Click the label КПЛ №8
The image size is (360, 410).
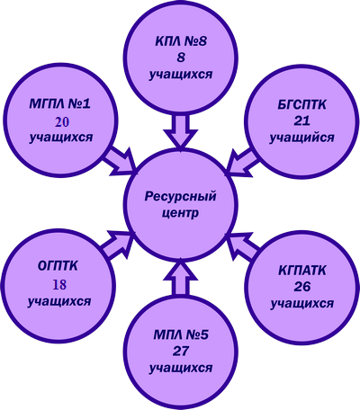tap(181, 41)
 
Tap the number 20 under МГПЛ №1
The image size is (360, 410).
tap(62, 122)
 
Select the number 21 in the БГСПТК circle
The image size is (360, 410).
tap(301, 120)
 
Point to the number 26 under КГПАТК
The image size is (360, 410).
tap(302, 287)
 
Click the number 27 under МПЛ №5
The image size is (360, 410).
tap(181, 351)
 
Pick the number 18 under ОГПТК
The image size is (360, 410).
tap(59, 285)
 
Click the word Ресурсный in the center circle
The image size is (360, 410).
tap(180, 198)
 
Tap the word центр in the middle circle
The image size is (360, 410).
tap(180, 214)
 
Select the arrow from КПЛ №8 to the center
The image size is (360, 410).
tap(181, 131)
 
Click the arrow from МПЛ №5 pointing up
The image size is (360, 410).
tap(181, 279)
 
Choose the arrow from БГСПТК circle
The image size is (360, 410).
tap(242, 162)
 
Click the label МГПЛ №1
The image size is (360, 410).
tap(60, 104)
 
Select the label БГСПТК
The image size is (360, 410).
tap(301, 105)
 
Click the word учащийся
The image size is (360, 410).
tap(301, 138)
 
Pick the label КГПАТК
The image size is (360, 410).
tap(302, 272)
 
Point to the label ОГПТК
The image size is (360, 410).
tap(58, 266)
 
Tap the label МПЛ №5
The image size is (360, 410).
tap(181, 335)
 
